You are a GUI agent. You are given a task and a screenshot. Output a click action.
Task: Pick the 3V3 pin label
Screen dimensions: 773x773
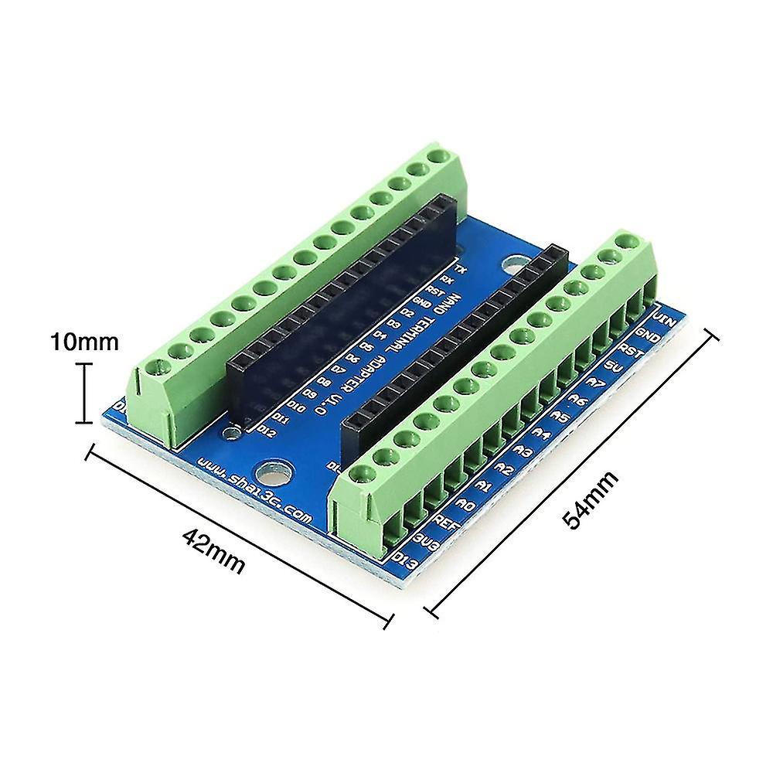427,539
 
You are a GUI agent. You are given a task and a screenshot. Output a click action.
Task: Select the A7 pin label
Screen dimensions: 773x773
596,383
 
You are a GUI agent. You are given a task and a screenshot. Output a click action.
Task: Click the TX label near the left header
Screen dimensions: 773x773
461,269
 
